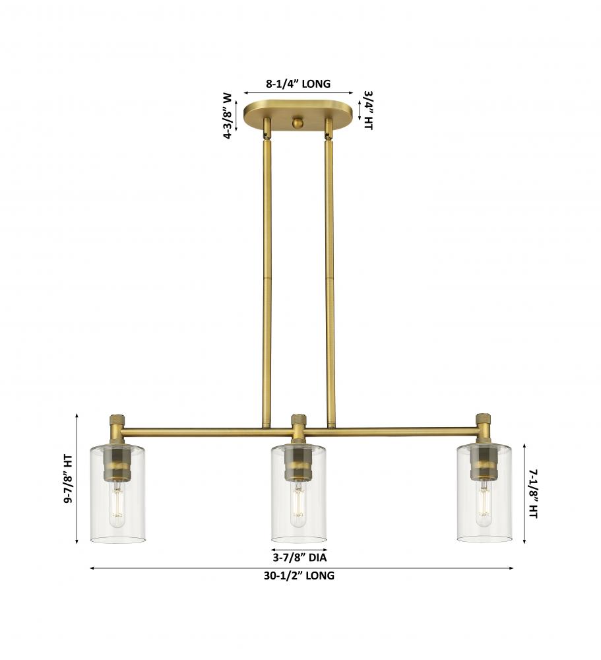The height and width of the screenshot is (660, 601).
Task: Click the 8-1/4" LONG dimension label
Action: tap(298, 84)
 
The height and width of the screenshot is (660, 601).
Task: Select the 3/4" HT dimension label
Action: tap(368, 111)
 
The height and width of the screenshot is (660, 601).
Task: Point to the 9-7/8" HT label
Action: tap(68, 479)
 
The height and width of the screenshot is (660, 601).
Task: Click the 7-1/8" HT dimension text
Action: tap(534, 494)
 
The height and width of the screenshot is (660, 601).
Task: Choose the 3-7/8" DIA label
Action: tap(300, 558)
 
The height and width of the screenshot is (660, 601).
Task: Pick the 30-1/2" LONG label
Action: tap(300, 576)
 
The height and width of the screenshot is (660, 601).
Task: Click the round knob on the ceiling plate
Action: tap(298, 123)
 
